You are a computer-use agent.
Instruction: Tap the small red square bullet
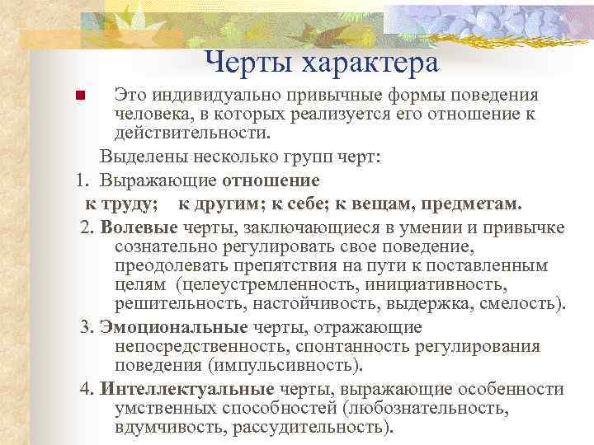[x=80, y=96]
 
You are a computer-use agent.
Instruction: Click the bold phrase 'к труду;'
[x=123, y=203]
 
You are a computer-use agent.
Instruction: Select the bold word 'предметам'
[x=474, y=203]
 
